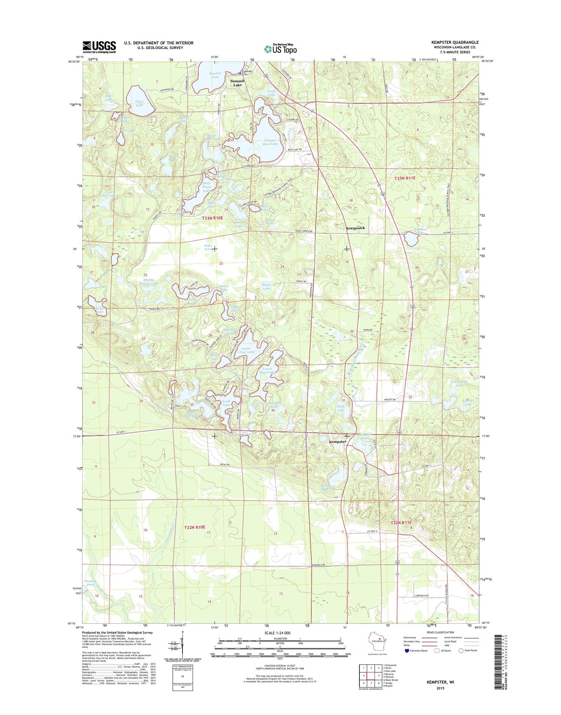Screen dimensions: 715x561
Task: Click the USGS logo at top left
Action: click(99, 47)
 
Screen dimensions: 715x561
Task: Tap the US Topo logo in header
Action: click(280, 49)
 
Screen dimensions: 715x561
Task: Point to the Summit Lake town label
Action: click(237, 83)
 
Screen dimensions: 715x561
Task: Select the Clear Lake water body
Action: click(140, 101)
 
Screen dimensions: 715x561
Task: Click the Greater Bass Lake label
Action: click(271, 142)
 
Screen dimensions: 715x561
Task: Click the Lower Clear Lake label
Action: click(248, 350)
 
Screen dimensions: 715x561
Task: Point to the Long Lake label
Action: click(226, 403)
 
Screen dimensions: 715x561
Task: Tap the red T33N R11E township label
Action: click(405, 178)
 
